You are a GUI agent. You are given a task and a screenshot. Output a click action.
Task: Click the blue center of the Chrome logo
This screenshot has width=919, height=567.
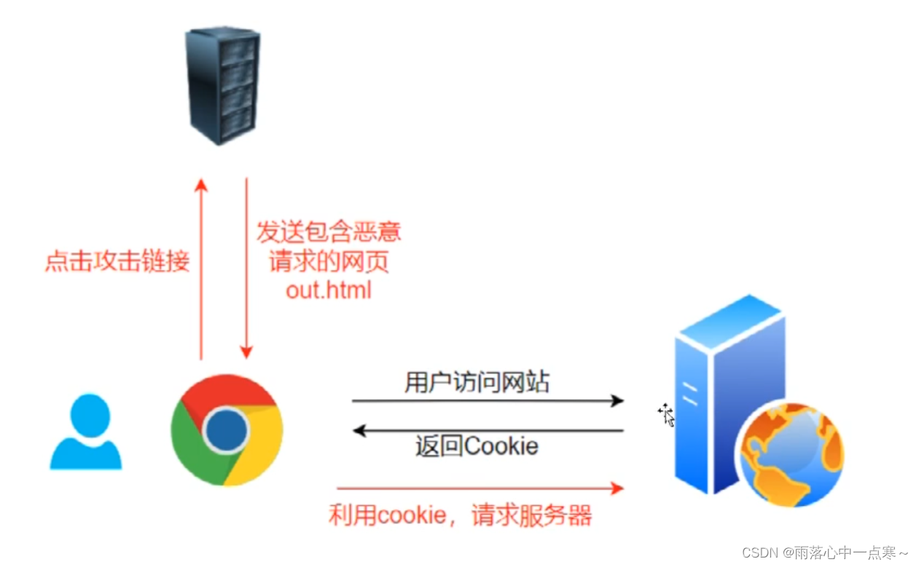226,430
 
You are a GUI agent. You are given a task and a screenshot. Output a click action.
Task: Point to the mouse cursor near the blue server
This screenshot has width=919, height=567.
665,414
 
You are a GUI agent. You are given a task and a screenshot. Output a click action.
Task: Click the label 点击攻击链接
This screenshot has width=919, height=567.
117,261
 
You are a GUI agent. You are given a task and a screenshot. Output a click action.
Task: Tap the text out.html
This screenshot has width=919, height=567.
329,290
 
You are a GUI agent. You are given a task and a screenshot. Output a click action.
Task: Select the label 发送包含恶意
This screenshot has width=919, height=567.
329,232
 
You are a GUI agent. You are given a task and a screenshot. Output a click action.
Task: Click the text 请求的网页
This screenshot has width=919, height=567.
329,261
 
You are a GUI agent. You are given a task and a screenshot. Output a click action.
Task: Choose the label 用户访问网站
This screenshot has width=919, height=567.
477,382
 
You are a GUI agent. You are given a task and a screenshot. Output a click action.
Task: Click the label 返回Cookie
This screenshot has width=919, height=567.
477,445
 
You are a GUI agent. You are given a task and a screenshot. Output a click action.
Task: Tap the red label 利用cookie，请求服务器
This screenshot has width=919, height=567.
460,515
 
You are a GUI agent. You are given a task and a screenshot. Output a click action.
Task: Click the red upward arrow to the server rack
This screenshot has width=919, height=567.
202,269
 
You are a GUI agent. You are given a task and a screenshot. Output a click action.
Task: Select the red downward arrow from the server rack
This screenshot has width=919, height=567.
246,269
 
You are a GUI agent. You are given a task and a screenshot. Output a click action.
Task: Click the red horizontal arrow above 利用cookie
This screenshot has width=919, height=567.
481,488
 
